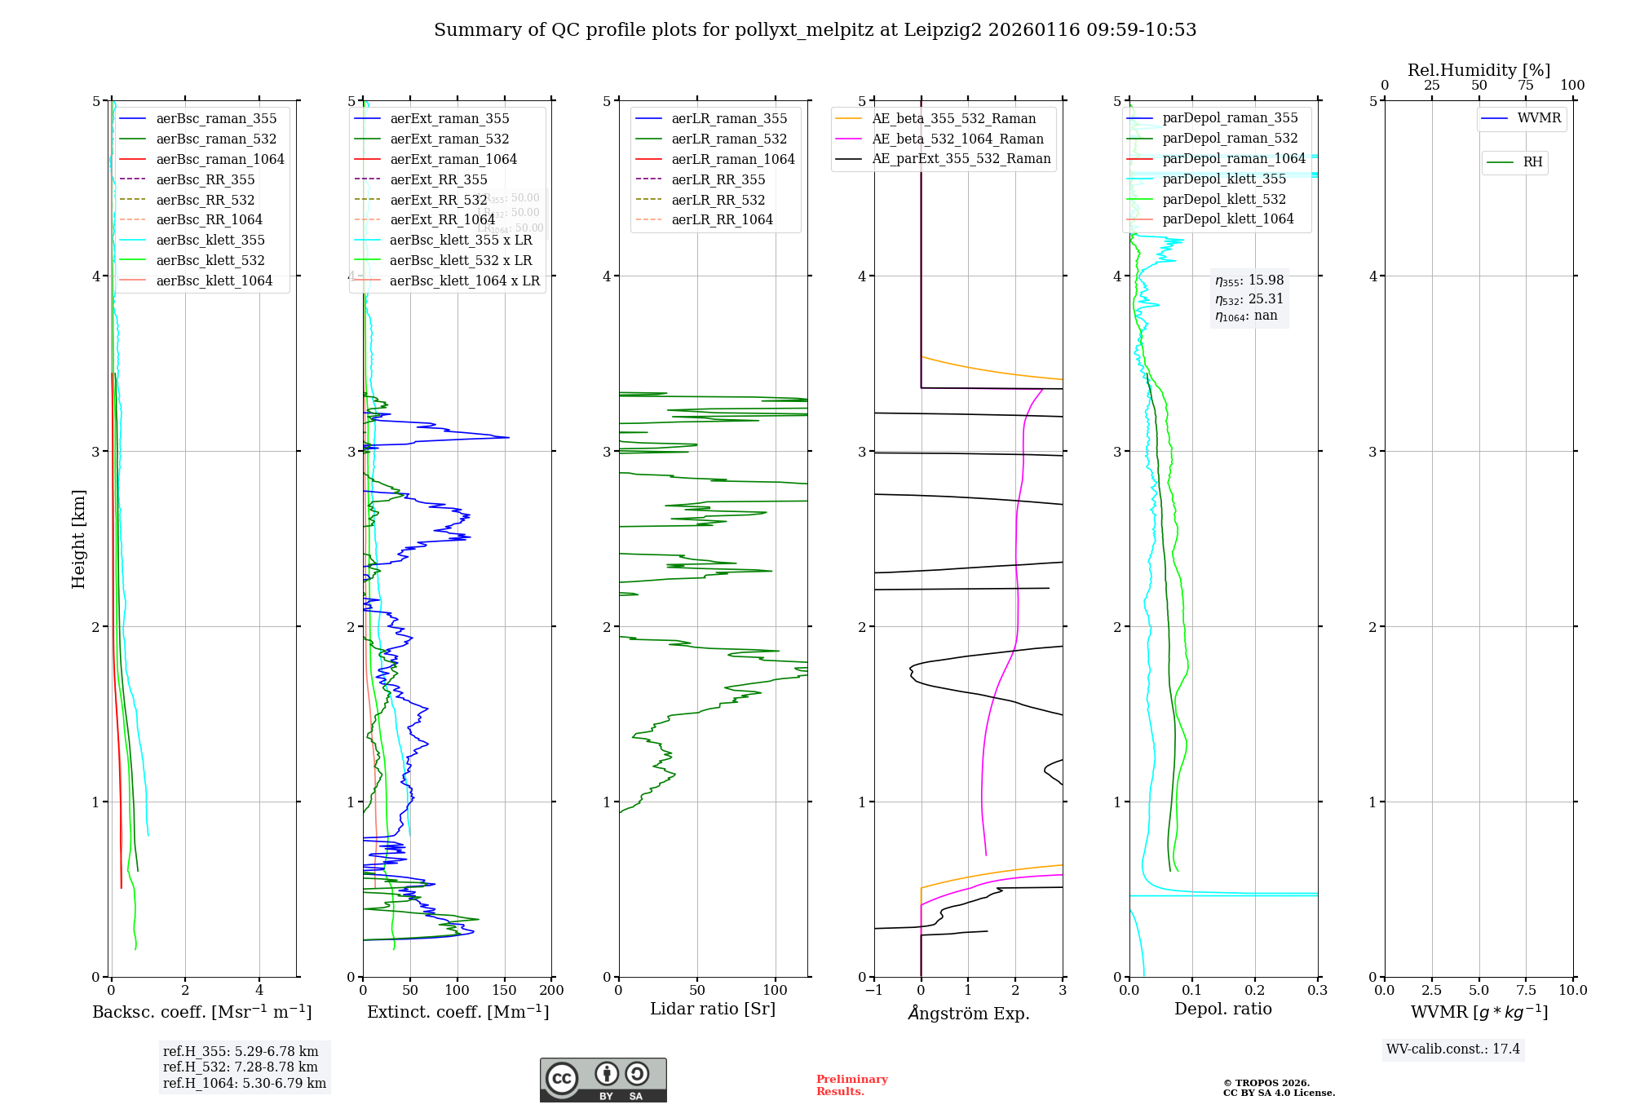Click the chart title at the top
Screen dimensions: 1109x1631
(815, 30)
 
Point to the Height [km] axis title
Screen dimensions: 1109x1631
(78, 538)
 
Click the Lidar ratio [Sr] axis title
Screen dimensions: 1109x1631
(713, 1009)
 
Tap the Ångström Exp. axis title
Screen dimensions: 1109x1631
(968, 1013)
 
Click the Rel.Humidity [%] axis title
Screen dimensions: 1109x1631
(1479, 70)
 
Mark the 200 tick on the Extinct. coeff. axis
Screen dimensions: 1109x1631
(551, 990)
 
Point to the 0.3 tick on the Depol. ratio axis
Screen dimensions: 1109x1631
(1317, 990)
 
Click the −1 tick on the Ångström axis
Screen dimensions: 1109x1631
(873, 990)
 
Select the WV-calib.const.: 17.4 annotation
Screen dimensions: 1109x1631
(1452, 1049)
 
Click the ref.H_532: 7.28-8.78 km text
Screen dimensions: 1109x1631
(241, 1067)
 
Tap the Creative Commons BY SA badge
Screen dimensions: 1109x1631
(603, 1080)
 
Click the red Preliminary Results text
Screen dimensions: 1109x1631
(851, 1085)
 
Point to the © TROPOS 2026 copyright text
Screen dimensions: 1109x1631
(1266, 1083)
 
